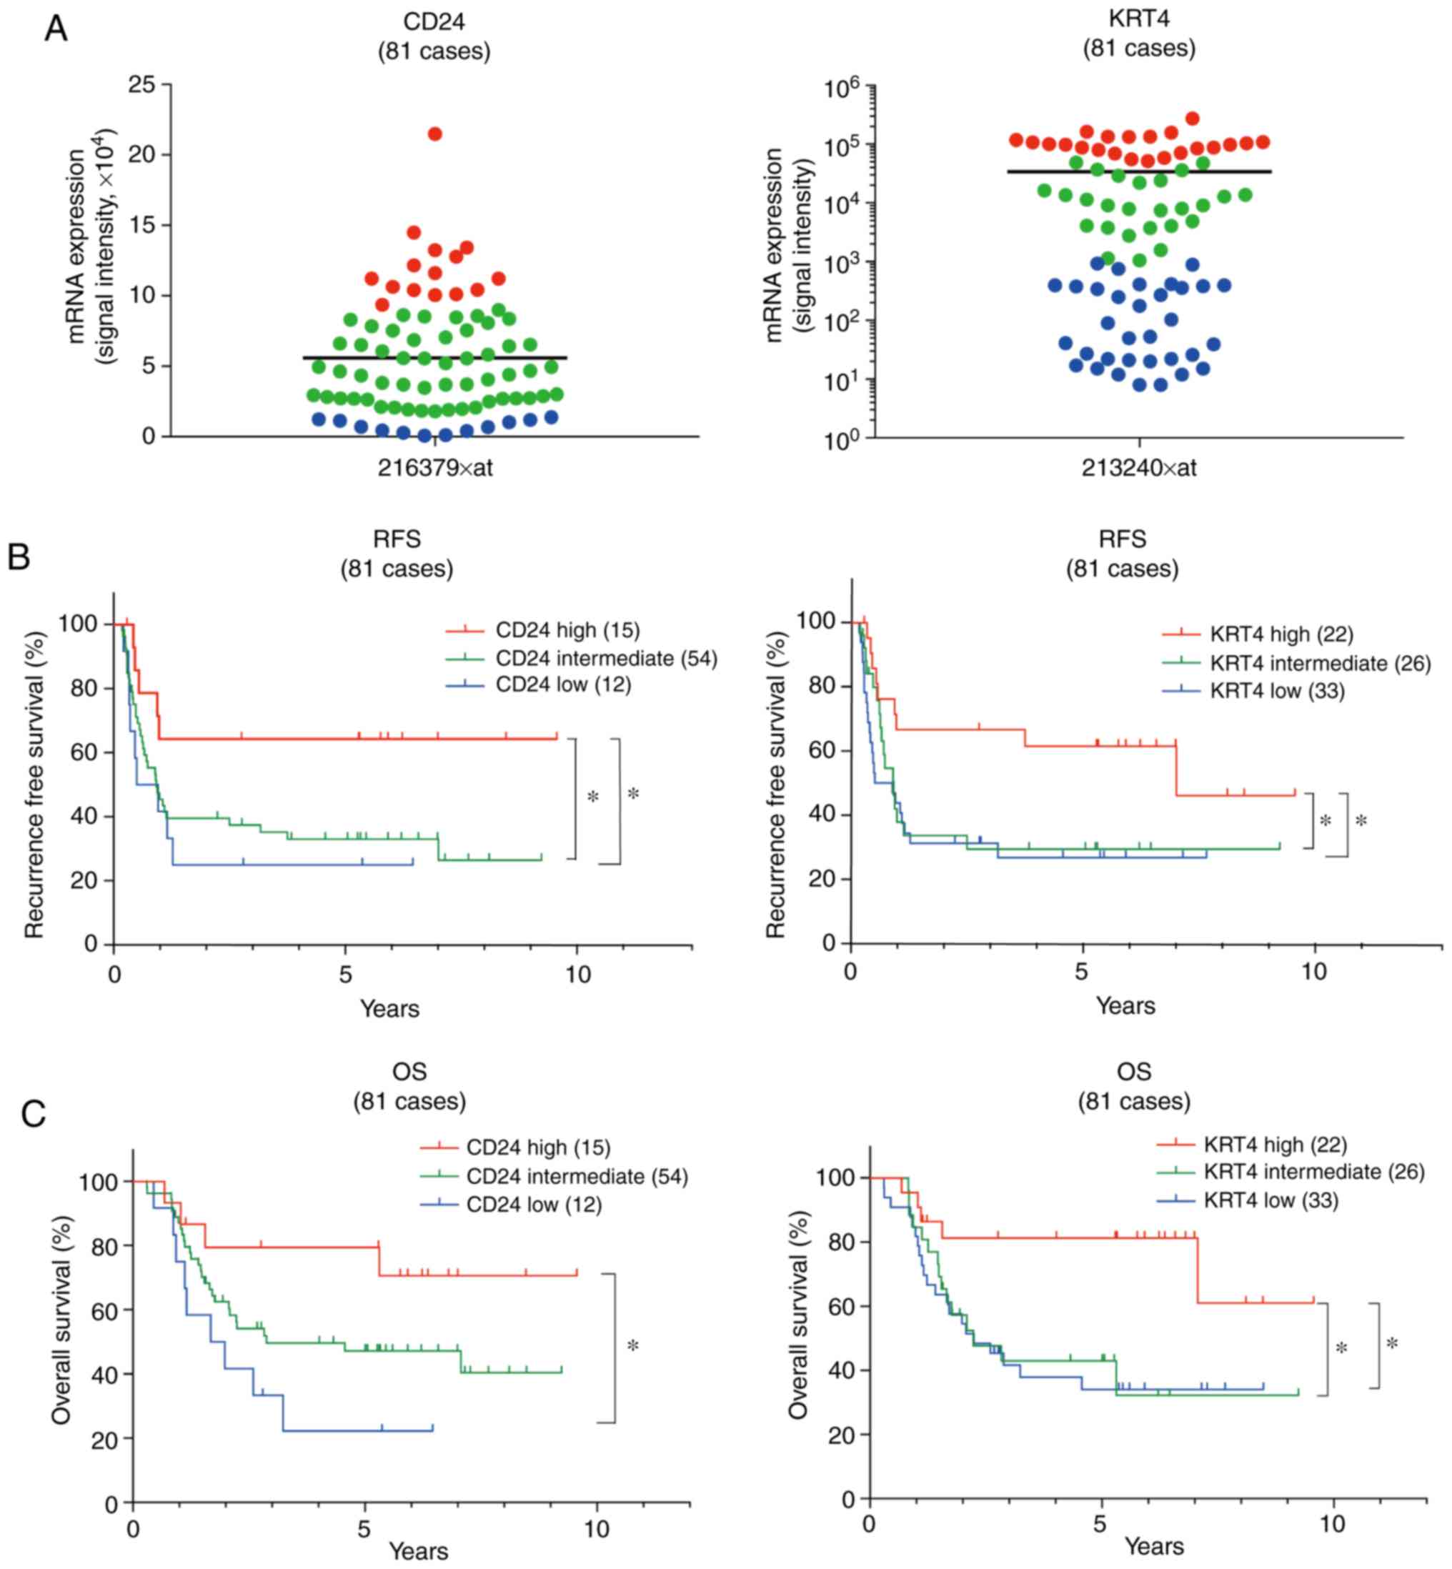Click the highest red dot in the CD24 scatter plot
434,134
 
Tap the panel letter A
56,29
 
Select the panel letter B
18,557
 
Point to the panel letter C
33,1114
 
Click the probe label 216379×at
434,468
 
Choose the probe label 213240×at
1138,468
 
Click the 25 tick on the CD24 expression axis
142,84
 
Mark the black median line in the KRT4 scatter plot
1138,171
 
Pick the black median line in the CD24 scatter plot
434,357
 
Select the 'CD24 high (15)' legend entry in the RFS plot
567,630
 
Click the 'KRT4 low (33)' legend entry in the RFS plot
1277,691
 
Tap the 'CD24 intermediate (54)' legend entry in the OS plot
577,1176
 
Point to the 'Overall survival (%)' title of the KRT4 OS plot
798,1315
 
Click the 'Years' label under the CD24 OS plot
418,1551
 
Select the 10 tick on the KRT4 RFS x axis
1313,971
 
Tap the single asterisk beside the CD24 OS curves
633,1347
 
